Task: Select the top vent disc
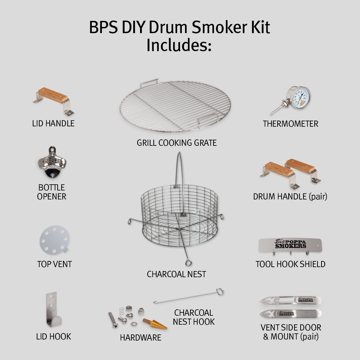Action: pos(54,240)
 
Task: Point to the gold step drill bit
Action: pos(154,324)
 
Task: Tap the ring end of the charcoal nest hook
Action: pos(220,292)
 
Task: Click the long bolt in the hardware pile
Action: pos(113,320)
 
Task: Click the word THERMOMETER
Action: pos(291,124)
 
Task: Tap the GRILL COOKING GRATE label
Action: pos(176,143)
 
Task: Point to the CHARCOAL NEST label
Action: pos(176,274)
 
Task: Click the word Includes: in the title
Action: pos(179,45)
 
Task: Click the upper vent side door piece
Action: pos(291,300)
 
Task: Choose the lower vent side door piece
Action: pos(291,314)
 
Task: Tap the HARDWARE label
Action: pos(140,338)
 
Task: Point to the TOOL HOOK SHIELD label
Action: pos(291,264)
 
